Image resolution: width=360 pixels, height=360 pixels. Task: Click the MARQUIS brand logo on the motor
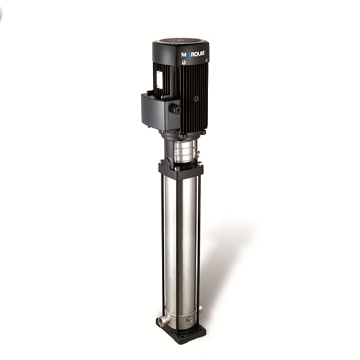pyautogui.click(x=193, y=54)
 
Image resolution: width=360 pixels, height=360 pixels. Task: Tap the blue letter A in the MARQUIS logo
pyautogui.click(x=188, y=55)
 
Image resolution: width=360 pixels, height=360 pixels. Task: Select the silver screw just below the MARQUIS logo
pyautogui.click(x=184, y=62)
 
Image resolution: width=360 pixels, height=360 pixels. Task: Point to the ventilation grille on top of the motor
pyautogui.click(x=181, y=43)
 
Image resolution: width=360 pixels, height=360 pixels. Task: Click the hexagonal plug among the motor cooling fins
pyautogui.click(x=196, y=98)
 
